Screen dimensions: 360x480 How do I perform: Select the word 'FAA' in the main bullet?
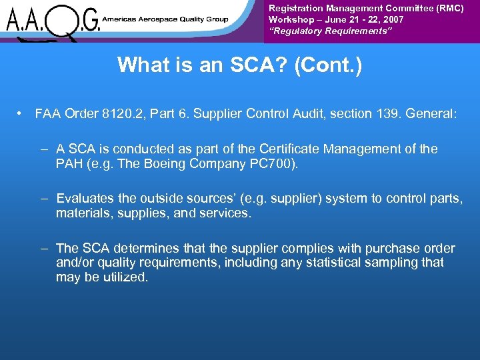point(47,114)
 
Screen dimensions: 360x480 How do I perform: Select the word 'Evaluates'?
point(85,199)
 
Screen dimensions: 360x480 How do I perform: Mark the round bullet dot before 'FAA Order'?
point(21,114)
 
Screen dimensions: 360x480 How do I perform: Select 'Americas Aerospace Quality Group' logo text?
point(165,19)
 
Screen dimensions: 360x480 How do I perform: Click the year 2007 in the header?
point(391,19)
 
